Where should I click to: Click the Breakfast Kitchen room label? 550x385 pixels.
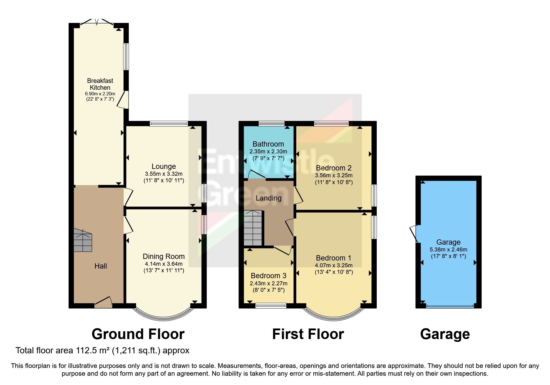pyautogui.click(x=100, y=84)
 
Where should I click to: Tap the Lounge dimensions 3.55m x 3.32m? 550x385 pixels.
pyautogui.click(x=164, y=174)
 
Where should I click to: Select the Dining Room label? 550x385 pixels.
pyautogui.click(x=164, y=256)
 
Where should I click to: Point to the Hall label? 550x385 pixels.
pyautogui.click(x=101, y=266)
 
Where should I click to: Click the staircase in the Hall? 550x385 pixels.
pyautogui.click(x=83, y=240)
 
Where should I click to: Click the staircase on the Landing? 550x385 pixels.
pyautogui.click(x=253, y=228)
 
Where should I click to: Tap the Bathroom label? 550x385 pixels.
pyautogui.click(x=268, y=144)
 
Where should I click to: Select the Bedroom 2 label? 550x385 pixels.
pyautogui.click(x=334, y=168)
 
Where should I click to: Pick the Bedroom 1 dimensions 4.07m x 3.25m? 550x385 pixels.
pyautogui.click(x=334, y=265)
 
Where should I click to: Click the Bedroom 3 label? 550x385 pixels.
pyautogui.click(x=269, y=276)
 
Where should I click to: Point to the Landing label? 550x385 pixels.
pyautogui.click(x=269, y=198)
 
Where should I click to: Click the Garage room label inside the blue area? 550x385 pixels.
pyautogui.click(x=448, y=242)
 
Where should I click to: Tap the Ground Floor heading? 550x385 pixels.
pyautogui.click(x=138, y=334)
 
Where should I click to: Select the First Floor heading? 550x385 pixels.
pyautogui.click(x=308, y=334)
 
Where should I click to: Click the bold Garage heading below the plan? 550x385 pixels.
pyautogui.click(x=445, y=334)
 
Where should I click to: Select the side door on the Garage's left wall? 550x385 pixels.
pyautogui.click(x=415, y=233)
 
